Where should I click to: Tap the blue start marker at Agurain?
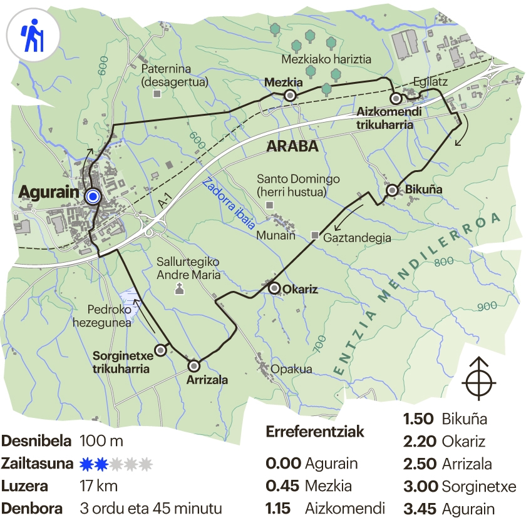pyautogui.click(x=93, y=197)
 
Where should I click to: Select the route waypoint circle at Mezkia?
pyautogui.click(x=290, y=96)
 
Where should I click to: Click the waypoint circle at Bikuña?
pyautogui.click(x=392, y=190)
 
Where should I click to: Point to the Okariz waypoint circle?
pyautogui.click(x=274, y=288)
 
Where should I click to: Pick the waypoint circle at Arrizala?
pyautogui.click(x=193, y=365)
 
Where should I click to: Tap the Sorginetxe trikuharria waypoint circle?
pyautogui.click(x=162, y=350)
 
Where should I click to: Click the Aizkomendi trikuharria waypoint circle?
pyautogui.click(x=396, y=98)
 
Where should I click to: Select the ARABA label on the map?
pyautogui.click(x=292, y=148)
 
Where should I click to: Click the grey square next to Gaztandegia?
pyautogui.click(x=315, y=236)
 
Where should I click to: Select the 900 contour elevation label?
pyautogui.click(x=486, y=307)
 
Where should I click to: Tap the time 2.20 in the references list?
pyautogui.click(x=420, y=442)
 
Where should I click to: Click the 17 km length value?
pyautogui.click(x=99, y=486)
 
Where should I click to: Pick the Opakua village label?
pyautogui.click(x=291, y=369)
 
